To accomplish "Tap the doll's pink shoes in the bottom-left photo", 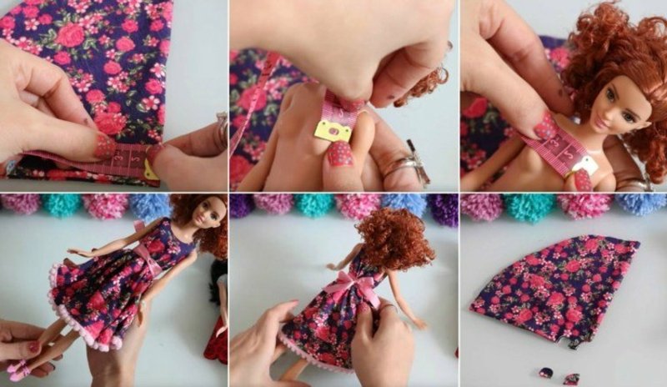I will tap(26, 367).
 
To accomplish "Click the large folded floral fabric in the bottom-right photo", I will tap(554, 288).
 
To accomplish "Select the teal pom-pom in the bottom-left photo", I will tap(62, 205).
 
